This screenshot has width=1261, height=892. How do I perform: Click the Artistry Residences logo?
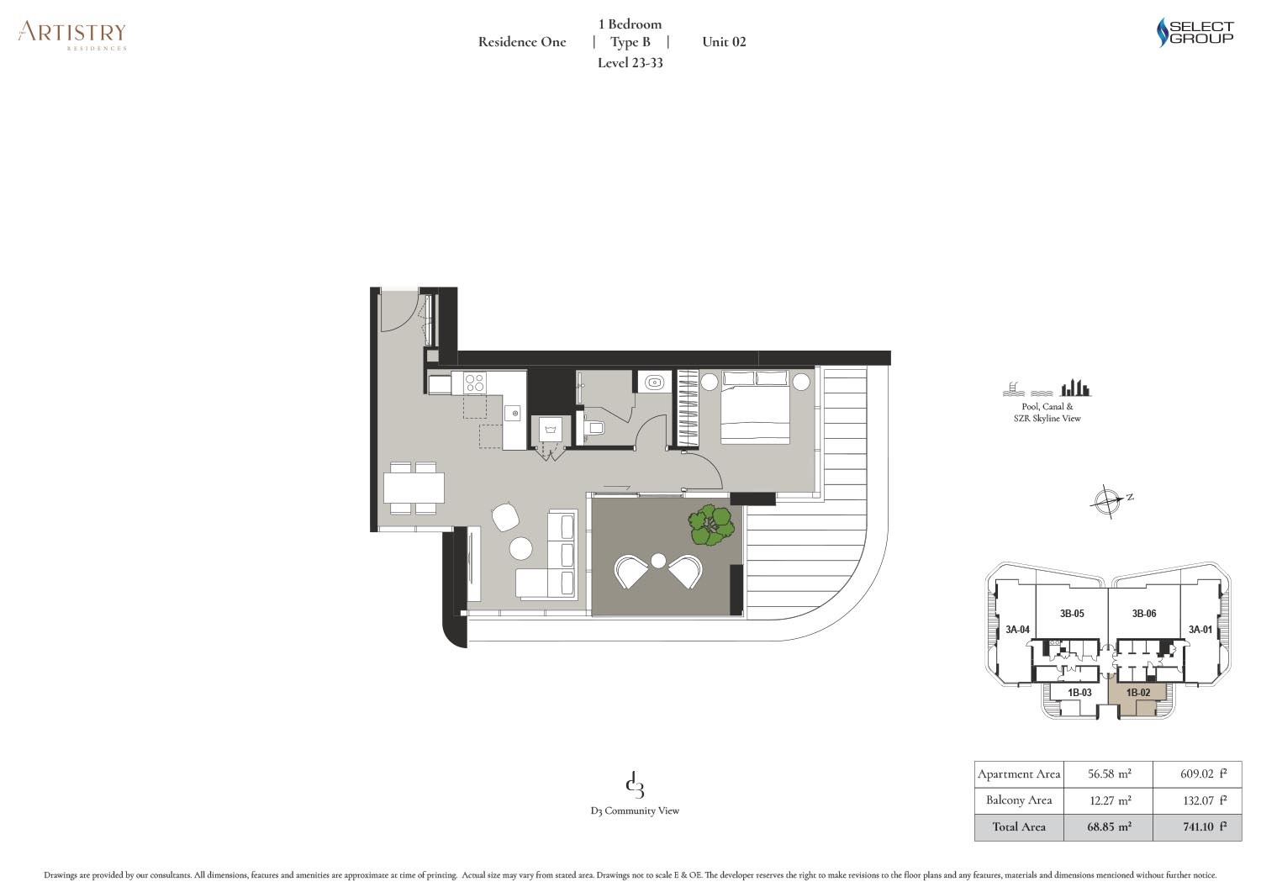[72, 34]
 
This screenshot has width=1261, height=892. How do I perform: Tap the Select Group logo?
[1195, 33]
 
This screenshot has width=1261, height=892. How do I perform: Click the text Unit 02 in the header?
[724, 42]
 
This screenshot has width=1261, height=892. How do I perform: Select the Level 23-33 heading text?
[630, 63]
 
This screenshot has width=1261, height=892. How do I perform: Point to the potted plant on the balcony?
[711, 525]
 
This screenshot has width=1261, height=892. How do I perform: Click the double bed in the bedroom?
[755, 407]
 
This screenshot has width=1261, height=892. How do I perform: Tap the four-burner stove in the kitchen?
[474, 383]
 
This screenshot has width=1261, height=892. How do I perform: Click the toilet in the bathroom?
[594, 428]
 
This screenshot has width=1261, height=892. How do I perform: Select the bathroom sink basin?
[653, 383]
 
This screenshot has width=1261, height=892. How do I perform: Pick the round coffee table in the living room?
[521, 549]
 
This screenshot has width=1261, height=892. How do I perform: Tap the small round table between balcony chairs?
[658, 561]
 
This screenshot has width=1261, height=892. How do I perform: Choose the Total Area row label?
[1018, 827]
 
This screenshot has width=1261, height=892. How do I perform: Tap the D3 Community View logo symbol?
[635, 786]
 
